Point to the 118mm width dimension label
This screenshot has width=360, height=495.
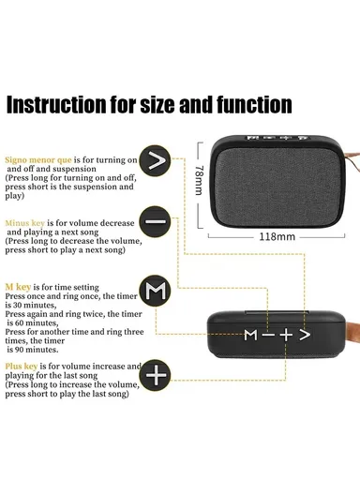point(277,236)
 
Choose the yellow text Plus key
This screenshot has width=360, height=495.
point(24,366)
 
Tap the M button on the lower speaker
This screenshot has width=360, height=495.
point(250,334)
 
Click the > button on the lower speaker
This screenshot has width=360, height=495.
point(305,334)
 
